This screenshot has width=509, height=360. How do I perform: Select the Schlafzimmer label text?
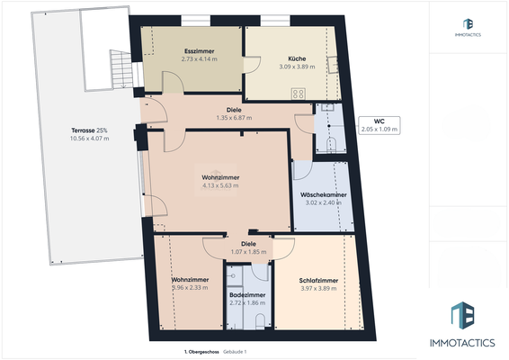318,280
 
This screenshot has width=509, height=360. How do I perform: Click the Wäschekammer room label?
324,194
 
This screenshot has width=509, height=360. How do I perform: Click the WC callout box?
379,125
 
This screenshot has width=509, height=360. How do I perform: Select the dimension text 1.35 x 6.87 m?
234,118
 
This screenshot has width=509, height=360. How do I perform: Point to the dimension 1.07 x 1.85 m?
249,251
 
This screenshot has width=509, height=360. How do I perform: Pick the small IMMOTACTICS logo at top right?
468,28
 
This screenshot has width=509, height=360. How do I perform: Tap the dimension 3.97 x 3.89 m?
318,288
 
